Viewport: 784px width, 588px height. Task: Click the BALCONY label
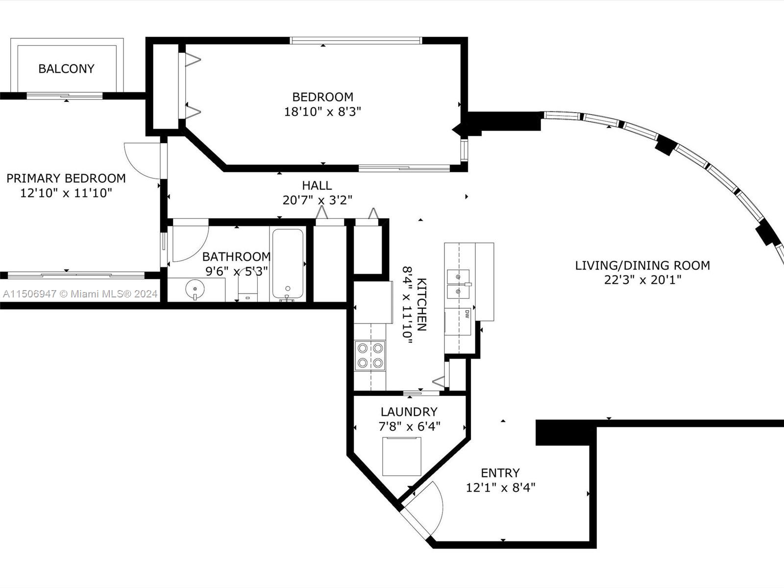[66, 69]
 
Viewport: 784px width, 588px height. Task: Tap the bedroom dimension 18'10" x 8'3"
[322, 112]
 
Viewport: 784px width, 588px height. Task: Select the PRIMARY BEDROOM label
[66, 178]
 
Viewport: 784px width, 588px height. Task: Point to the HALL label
[317, 186]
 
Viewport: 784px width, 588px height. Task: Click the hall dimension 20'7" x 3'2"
[317, 200]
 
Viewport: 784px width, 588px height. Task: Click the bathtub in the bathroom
[288, 264]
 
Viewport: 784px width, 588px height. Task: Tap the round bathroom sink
[195, 289]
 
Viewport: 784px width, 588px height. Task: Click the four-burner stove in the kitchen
[370, 356]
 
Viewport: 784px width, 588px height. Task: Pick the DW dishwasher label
[467, 314]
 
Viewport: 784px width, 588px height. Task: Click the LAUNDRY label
[409, 412]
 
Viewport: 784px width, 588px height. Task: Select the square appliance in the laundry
[402, 456]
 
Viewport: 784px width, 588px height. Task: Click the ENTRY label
[500, 473]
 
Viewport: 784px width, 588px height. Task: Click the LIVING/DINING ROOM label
[642, 266]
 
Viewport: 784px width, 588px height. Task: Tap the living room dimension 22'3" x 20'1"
[642, 280]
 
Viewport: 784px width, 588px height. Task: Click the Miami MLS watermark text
[80, 294]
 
